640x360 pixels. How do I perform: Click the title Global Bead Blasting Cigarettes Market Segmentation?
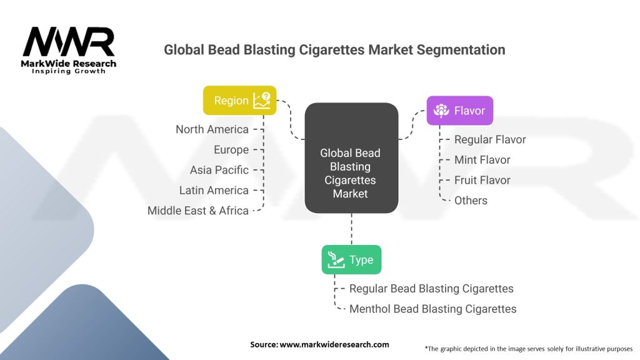point(334,49)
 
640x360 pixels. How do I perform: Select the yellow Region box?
point(239,100)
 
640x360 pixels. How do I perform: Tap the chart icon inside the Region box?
point(261,100)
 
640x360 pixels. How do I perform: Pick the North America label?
point(212,129)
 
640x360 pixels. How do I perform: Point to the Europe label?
point(231,150)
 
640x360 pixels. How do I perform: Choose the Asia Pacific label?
point(219,170)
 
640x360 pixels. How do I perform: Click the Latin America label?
point(214,190)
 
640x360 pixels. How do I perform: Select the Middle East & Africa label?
point(198,211)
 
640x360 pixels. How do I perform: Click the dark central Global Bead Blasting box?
point(351,159)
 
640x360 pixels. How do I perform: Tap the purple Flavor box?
point(459,111)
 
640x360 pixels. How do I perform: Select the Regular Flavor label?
point(490,139)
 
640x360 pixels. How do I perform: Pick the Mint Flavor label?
point(482,160)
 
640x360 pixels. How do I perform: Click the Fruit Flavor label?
point(482,180)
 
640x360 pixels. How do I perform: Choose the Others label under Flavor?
point(471,200)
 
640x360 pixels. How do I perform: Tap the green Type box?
point(351,260)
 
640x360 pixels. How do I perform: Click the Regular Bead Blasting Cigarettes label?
point(431,289)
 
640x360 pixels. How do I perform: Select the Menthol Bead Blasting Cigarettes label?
point(432,309)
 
